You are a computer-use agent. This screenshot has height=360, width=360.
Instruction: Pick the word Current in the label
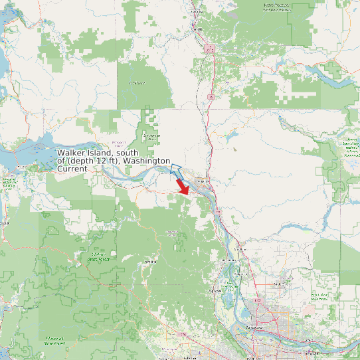coord(72,169)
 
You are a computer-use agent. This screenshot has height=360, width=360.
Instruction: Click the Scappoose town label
coord(216,290)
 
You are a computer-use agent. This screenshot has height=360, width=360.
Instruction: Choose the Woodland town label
coord(240,249)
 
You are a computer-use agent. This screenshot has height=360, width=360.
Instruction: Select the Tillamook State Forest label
coord(53,341)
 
